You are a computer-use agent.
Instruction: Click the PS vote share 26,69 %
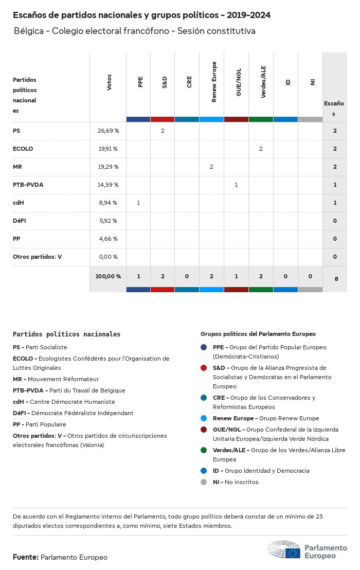point(108,131)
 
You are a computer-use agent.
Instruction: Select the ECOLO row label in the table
point(23,149)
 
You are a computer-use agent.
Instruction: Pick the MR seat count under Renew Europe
point(211,167)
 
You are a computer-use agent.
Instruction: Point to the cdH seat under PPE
point(138,203)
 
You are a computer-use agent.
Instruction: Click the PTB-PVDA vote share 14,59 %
point(108,185)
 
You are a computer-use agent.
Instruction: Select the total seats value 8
point(336,279)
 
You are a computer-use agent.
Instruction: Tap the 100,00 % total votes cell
point(108,276)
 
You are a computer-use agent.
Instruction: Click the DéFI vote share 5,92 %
point(108,221)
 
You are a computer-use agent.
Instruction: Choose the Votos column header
point(109,82)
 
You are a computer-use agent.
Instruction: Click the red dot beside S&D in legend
point(204,368)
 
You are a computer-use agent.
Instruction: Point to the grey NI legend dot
point(204,482)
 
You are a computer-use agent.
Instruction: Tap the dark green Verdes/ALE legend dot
point(204,450)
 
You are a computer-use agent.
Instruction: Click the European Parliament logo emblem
point(284,550)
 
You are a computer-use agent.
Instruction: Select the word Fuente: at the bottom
point(26,557)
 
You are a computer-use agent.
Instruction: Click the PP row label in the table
point(16,239)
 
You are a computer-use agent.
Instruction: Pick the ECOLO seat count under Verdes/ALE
point(261,149)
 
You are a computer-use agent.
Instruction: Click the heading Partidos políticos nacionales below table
point(66,334)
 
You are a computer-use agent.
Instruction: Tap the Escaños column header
point(334,109)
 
